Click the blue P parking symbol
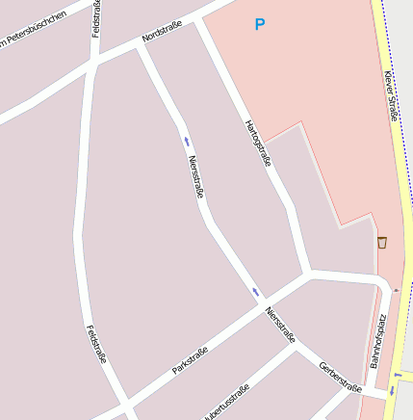click(x=258, y=24)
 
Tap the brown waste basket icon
click(x=382, y=242)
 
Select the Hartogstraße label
click(x=258, y=143)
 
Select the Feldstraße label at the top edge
click(x=96, y=17)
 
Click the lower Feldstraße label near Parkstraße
click(x=96, y=345)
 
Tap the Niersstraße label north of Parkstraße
click(x=196, y=176)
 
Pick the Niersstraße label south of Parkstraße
click(x=280, y=325)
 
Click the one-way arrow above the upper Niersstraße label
click(x=187, y=141)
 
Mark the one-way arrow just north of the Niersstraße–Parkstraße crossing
click(x=256, y=292)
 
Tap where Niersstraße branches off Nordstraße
click(x=141, y=45)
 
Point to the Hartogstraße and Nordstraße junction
click(x=199, y=19)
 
